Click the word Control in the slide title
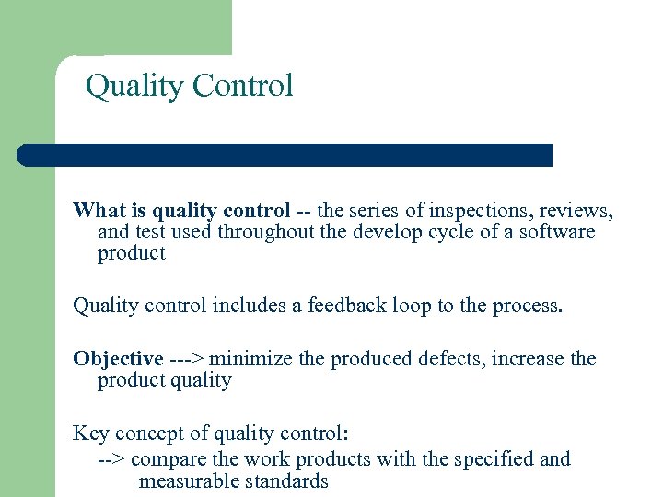coord(243,86)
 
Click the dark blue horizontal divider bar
coord(285,155)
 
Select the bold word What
coord(98,210)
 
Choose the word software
coord(556,232)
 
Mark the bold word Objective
coord(118,358)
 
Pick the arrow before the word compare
coord(113,458)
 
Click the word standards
coord(286,480)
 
